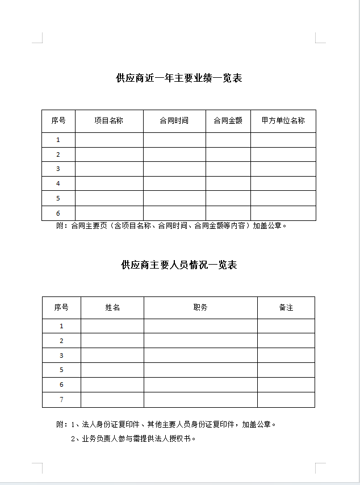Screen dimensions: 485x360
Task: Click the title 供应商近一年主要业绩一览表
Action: click(x=179, y=78)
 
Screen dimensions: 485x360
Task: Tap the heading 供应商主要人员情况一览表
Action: click(x=179, y=265)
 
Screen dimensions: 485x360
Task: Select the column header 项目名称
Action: click(x=109, y=120)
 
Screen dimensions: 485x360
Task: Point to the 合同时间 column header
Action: click(x=174, y=120)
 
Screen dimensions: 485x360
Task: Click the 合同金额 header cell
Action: click(x=228, y=120)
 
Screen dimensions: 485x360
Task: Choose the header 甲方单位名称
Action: click(x=283, y=120)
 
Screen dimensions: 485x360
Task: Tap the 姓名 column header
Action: click(x=112, y=307)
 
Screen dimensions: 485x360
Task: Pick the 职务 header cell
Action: click(x=200, y=307)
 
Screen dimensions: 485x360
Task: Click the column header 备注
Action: click(x=286, y=307)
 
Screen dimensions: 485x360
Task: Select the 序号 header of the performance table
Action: click(x=58, y=120)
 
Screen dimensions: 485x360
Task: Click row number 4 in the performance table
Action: click(x=58, y=183)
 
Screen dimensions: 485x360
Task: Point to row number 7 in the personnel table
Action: click(x=61, y=400)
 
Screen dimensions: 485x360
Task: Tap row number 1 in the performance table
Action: click(x=58, y=140)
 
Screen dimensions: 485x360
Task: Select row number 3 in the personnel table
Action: click(x=61, y=356)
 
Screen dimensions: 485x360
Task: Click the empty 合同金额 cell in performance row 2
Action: click(x=228, y=154)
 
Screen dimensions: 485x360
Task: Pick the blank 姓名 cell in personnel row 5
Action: click(x=112, y=370)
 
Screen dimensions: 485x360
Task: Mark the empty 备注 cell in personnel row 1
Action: click(x=286, y=326)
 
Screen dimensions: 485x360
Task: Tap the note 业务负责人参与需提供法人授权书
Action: click(x=133, y=438)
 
